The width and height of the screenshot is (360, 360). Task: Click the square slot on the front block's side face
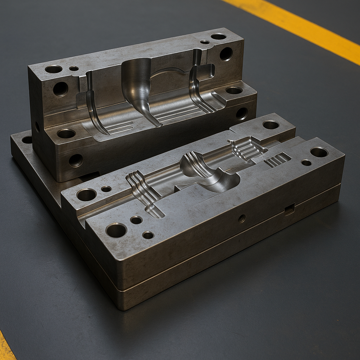(x=289, y=209)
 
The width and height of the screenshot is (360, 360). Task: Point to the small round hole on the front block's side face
(x=242, y=218)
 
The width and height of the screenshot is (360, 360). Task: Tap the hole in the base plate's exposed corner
(x=27, y=140)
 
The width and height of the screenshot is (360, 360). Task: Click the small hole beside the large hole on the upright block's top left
(x=74, y=68)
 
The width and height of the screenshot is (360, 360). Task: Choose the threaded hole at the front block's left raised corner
(x=86, y=194)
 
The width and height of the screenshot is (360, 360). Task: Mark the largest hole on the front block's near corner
(x=116, y=230)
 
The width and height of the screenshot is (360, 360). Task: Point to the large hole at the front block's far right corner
(x=319, y=152)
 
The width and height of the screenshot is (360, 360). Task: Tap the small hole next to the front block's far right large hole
(x=306, y=162)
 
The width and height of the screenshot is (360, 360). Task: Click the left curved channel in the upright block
(x=93, y=105)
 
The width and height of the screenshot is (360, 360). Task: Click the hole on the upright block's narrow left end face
(x=37, y=127)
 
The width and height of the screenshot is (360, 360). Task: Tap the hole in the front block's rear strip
(x=271, y=124)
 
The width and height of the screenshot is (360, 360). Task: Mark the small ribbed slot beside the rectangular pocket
(x=277, y=160)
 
